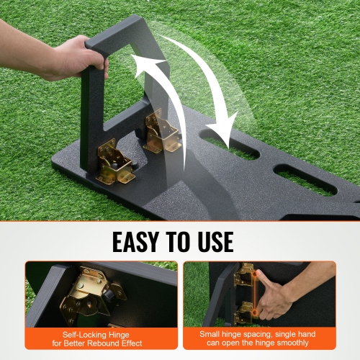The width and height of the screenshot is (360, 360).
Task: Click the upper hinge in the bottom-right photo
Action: click(244, 276)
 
